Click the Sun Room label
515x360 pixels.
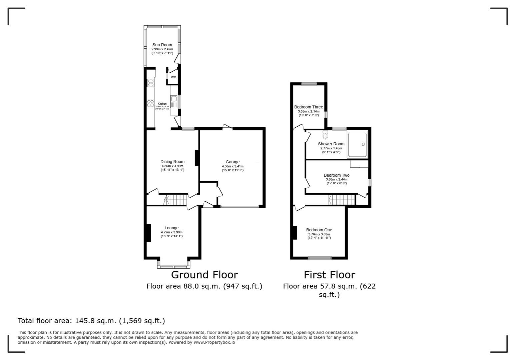(x=162, y=45)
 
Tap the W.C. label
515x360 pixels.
(x=173, y=77)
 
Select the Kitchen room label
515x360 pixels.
(x=162, y=104)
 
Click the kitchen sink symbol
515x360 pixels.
(x=174, y=99)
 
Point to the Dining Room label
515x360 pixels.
(x=172, y=162)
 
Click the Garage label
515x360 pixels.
(x=232, y=162)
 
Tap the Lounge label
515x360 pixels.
(x=171, y=228)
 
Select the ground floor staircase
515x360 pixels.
(x=175, y=200)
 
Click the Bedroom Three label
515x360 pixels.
(x=309, y=107)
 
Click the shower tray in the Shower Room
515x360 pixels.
(x=357, y=144)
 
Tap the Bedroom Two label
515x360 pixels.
(x=337, y=175)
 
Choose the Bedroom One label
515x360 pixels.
(x=319, y=230)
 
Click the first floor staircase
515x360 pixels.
(x=342, y=200)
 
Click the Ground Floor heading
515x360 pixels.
(x=204, y=275)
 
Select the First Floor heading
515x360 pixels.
(x=329, y=275)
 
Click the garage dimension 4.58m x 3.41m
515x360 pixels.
(x=232, y=166)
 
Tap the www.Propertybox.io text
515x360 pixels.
(x=214, y=342)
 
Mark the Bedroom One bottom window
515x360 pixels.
(x=320, y=257)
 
